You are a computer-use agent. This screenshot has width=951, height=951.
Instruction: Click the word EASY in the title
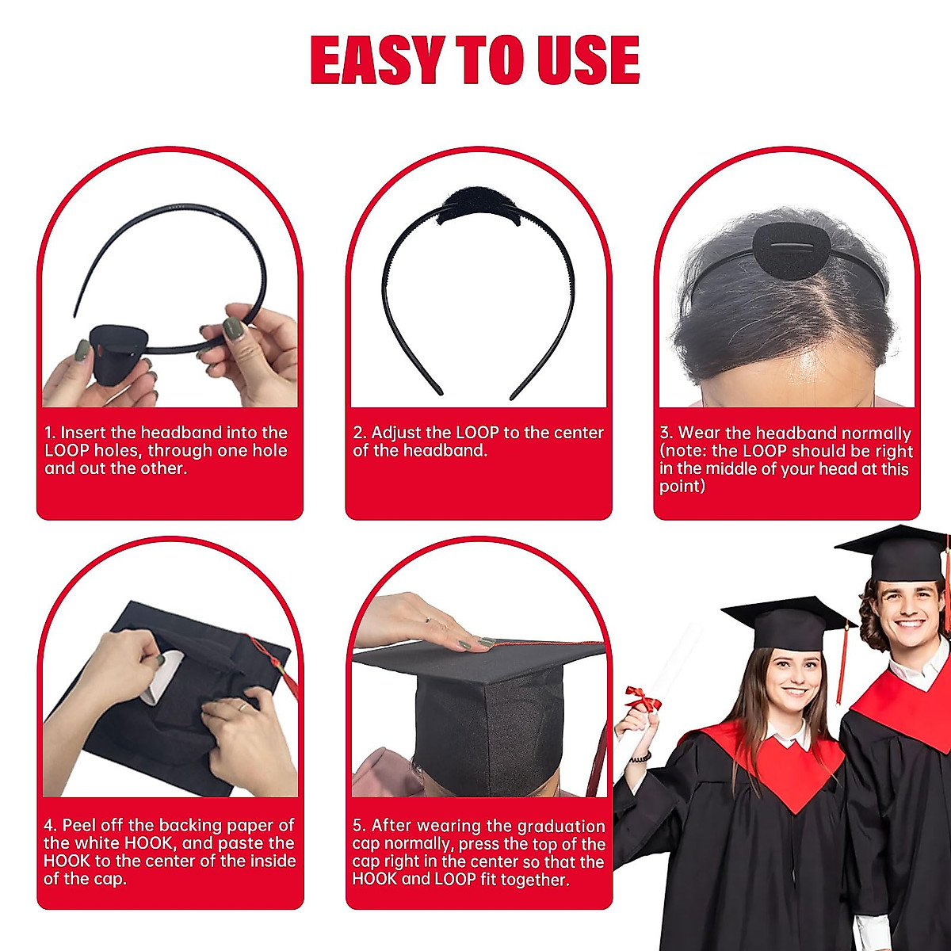pyautogui.click(x=376, y=60)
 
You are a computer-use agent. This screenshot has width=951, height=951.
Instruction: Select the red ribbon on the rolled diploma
pyautogui.click(x=643, y=698)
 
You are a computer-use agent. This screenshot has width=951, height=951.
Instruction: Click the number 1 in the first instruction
pyautogui.click(x=49, y=433)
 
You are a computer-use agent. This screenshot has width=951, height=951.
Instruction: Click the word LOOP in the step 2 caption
pyautogui.click(x=477, y=433)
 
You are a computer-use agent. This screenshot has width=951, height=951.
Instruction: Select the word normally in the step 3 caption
pyautogui.click(x=876, y=433)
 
